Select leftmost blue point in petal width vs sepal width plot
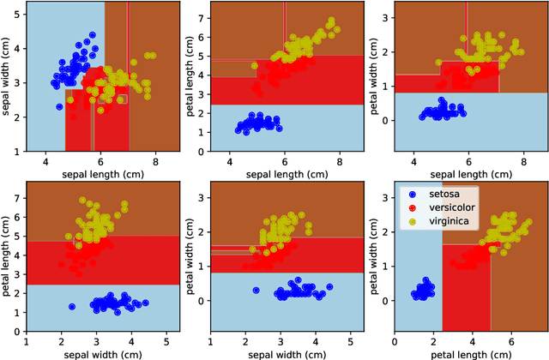[255, 291]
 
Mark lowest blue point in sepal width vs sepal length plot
[59, 106]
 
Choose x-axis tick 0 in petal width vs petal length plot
[394, 340]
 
